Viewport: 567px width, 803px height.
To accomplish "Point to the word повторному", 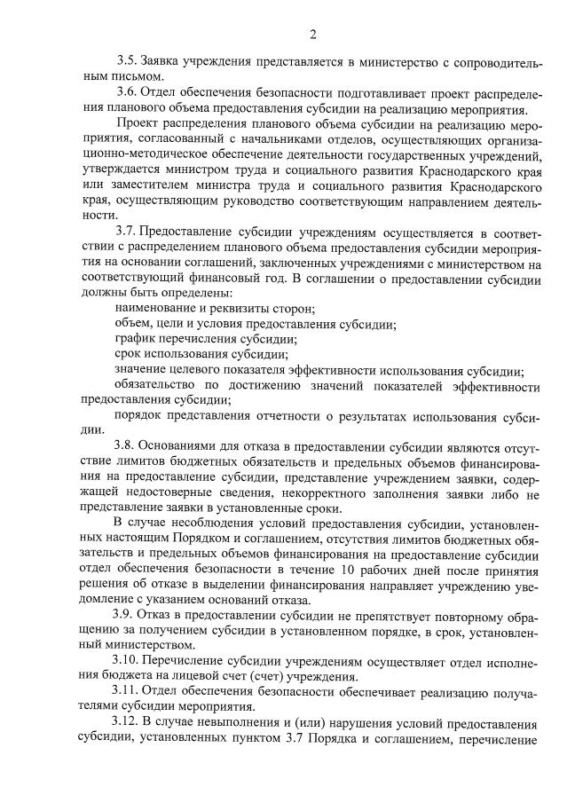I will click(449, 613).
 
